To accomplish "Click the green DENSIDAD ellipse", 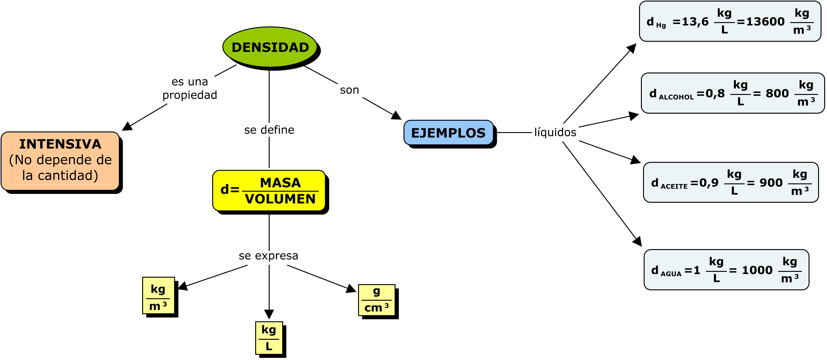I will click(270, 47).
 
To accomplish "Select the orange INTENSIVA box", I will click(60, 160).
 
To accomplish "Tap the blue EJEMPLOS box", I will click(448, 133).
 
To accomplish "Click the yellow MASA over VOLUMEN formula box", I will click(269, 190).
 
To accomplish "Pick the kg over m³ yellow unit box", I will click(158, 295).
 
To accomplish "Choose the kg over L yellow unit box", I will click(269, 338).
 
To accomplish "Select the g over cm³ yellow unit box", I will click(376, 299).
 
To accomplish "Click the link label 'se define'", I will click(269, 130).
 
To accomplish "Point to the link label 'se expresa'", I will click(268, 256).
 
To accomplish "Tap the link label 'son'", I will click(349, 90).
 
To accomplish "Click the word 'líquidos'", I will click(555, 132).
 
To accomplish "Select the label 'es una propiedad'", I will click(190, 88).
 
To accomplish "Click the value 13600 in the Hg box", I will click(765, 22).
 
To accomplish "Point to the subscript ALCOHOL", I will click(676, 97).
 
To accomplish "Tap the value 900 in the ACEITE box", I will click(771, 183).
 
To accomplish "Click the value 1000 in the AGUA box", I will click(757, 270).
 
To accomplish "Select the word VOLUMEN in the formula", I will click(280, 199).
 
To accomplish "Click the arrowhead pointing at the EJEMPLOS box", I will click(396, 115).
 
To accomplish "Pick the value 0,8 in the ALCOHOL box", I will click(715, 93).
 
